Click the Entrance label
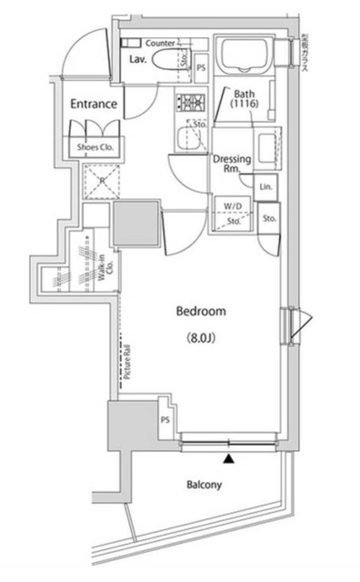pos(94,104)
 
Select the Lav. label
pos(138,59)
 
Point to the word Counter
pos(160,43)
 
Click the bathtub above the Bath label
pos(245,57)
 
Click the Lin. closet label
pos(265,186)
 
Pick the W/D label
pos(233,206)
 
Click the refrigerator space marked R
pos(96,181)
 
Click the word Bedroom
pos(201,312)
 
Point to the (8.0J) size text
pos(201,339)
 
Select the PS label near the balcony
pos(165,419)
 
